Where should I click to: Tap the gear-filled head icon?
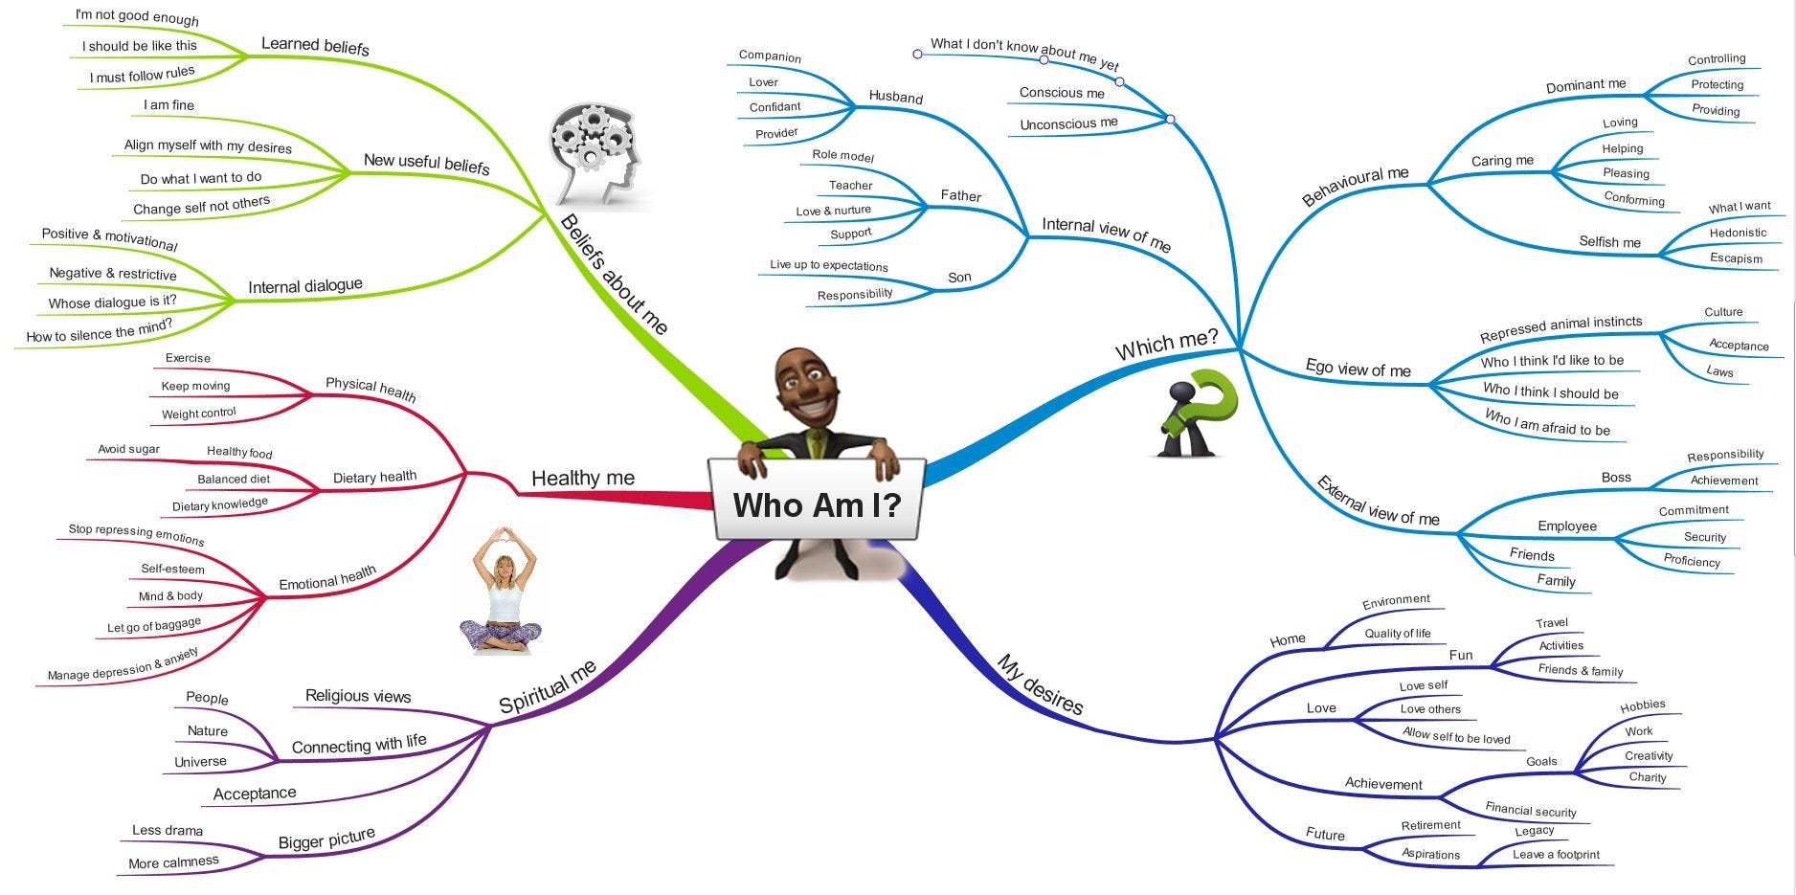click(x=595, y=156)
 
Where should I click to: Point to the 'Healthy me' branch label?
click(x=582, y=478)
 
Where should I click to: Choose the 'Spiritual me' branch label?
click(x=548, y=686)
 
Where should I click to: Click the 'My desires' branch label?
click(x=1040, y=684)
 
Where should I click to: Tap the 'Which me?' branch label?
click(x=1166, y=345)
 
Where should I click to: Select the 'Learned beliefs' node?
click(x=315, y=45)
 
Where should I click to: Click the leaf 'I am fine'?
click(x=168, y=105)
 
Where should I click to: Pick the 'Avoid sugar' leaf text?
click(x=128, y=449)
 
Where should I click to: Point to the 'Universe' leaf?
click(x=200, y=762)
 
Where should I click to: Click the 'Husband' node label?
click(x=896, y=97)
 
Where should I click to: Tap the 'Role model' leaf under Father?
click(x=842, y=155)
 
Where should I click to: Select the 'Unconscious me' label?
click(x=1068, y=123)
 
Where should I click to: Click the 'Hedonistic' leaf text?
click(x=1738, y=233)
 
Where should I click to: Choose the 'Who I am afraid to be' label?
click(x=1547, y=423)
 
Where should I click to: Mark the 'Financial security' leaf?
click(x=1531, y=810)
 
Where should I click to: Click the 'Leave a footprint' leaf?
click(x=1556, y=855)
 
